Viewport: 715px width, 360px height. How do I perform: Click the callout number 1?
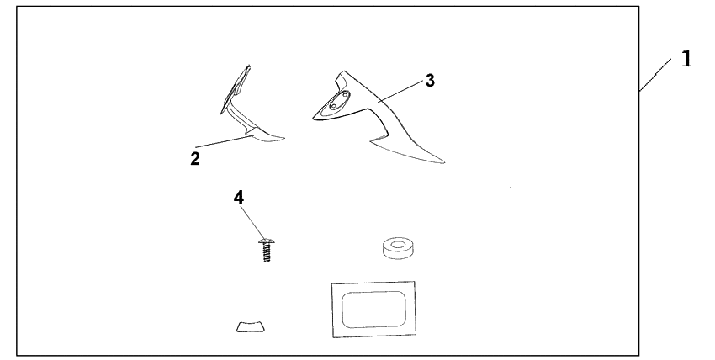pos(686,59)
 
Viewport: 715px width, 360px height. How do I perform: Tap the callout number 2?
pos(195,159)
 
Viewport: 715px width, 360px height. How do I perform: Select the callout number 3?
pos(430,81)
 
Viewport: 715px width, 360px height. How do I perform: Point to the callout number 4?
pos(239,198)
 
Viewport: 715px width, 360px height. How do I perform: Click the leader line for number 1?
pos(654,75)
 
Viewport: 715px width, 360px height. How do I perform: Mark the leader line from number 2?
pos(224,140)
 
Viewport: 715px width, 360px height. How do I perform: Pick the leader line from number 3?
pos(400,91)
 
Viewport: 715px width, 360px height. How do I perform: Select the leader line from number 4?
pos(252,223)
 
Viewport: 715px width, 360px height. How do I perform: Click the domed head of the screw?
pos(267,241)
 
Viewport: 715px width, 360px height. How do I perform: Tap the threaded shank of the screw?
pos(267,252)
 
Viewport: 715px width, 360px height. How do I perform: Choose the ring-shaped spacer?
pos(399,248)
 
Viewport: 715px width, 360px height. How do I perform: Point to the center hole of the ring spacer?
pos(399,245)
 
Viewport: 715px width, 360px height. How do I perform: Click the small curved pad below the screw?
pos(251,326)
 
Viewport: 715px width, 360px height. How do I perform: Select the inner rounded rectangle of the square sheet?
pos(373,310)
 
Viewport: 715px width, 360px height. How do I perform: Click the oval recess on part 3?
pos(338,101)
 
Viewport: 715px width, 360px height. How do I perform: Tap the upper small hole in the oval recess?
pos(344,96)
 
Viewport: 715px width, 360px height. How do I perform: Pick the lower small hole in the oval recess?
pos(333,106)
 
